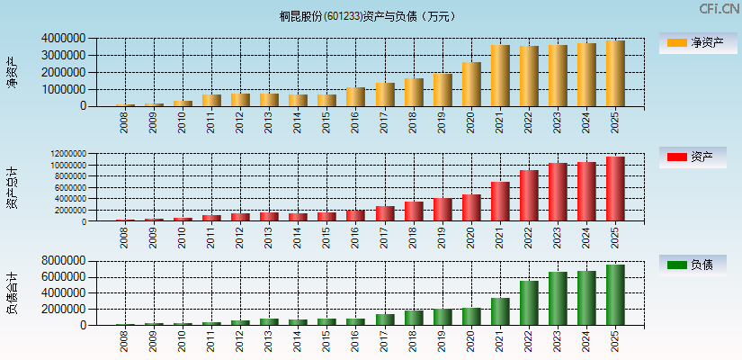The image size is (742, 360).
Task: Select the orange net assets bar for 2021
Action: [500, 76]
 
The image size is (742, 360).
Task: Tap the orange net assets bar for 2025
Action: [615, 74]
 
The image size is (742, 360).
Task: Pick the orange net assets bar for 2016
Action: [355, 96]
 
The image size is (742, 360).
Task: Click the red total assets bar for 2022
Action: [529, 196]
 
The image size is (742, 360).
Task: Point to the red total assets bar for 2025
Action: [615, 189]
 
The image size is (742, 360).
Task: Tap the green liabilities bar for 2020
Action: [471, 317]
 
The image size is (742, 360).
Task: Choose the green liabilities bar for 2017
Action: [385, 319]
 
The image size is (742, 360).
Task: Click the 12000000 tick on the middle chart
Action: [67, 155]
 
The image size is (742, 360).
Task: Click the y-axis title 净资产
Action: [13, 72]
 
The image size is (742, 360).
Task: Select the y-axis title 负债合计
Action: [13, 292]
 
